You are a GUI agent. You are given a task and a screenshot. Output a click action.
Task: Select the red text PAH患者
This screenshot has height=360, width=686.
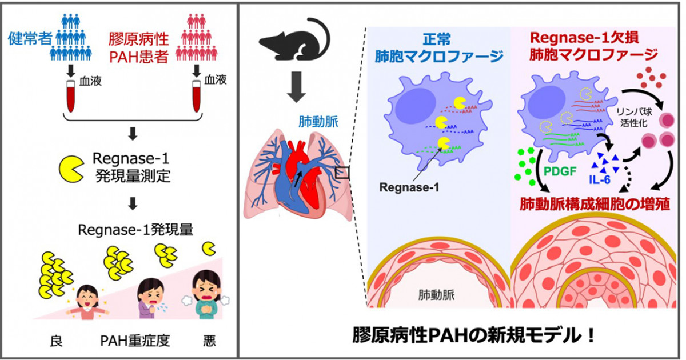(139, 57)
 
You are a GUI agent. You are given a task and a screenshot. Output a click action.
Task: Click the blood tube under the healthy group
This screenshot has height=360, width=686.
(71, 97)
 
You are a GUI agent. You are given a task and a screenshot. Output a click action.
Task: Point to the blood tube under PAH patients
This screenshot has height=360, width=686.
(196, 96)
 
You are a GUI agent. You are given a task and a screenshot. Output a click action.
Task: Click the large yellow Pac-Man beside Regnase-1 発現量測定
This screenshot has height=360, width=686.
(71, 169)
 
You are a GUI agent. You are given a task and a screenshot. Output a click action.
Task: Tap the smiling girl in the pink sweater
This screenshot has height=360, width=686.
(87, 302)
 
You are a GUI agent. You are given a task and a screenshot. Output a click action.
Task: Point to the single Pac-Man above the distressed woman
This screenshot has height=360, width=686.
(209, 249)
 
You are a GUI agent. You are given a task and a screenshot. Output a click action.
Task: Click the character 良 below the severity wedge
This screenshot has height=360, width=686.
(57, 341)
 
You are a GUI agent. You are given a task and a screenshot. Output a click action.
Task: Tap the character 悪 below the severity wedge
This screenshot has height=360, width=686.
(209, 341)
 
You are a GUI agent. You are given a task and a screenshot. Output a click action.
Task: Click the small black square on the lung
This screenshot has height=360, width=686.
(342, 173)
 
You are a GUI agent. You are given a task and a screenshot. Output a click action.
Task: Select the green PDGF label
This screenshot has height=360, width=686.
(560, 171)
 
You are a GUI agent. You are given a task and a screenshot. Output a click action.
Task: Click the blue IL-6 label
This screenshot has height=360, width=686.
(600, 179)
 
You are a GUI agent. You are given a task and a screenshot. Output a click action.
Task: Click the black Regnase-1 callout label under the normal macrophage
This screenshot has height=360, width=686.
(409, 187)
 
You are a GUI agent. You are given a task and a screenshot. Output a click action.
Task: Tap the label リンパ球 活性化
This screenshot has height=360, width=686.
(634, 117)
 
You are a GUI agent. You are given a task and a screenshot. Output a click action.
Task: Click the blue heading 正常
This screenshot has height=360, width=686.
(437, 39)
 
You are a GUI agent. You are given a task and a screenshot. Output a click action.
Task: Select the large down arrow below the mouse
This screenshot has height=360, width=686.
(296, 87)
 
